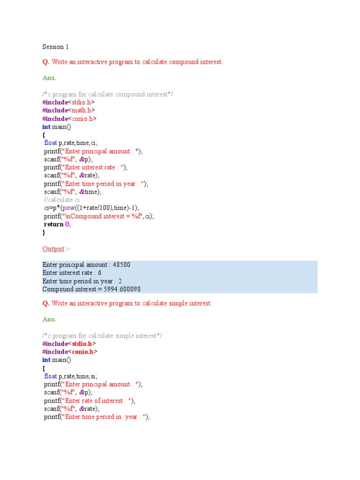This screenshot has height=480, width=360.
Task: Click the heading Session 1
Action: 55,47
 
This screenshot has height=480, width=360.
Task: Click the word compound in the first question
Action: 184,62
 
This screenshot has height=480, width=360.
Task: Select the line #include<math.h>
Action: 68,110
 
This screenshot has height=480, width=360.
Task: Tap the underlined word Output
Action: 53,248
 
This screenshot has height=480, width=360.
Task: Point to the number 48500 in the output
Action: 121,264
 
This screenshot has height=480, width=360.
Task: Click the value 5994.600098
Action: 122,289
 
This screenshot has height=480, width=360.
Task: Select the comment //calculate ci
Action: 61,200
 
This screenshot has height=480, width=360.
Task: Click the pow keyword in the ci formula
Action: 68,208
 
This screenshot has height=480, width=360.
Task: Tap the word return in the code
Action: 53,225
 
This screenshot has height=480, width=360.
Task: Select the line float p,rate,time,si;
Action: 71,376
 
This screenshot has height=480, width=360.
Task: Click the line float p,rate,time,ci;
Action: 71,143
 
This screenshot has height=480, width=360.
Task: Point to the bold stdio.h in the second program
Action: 82,344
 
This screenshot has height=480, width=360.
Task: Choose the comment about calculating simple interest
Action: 102,336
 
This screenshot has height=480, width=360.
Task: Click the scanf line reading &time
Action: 73,192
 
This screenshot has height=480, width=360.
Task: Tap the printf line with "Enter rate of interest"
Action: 90,401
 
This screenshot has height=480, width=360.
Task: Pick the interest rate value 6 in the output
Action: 99,273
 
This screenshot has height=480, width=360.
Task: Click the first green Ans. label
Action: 49,78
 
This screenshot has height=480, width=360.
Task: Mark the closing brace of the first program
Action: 44,232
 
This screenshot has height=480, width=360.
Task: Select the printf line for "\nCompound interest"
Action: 99,217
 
